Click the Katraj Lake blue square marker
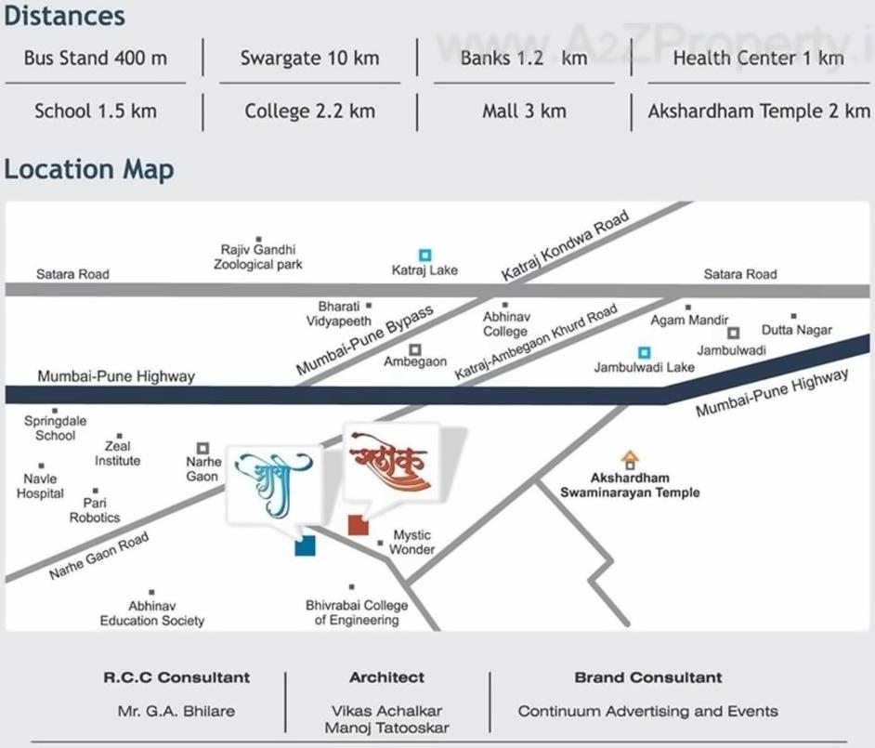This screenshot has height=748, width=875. click(424, 255)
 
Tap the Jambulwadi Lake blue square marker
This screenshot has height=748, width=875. click(644, 352)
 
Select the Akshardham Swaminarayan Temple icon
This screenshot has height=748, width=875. click(630, 459)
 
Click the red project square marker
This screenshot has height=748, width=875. click(358, 525)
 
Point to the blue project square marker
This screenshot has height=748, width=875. click(305, 545)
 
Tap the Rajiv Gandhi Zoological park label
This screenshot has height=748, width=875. click(258, 256)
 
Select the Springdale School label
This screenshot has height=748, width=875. click(55, 427)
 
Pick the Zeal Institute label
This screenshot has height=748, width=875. click(118, 453)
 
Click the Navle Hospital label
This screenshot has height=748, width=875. click(40, 486)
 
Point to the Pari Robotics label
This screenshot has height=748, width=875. click(95, 510)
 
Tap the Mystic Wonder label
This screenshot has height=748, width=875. click(411, 542)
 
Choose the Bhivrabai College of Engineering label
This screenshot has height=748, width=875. click(357, 612)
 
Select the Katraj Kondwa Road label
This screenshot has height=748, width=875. click(565, 245)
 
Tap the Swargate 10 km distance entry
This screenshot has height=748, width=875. click(309, 58)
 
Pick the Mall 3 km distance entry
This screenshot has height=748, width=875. click(524, 112)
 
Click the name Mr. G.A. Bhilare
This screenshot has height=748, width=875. click(176, 711)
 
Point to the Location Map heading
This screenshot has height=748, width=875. click(88, 170)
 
